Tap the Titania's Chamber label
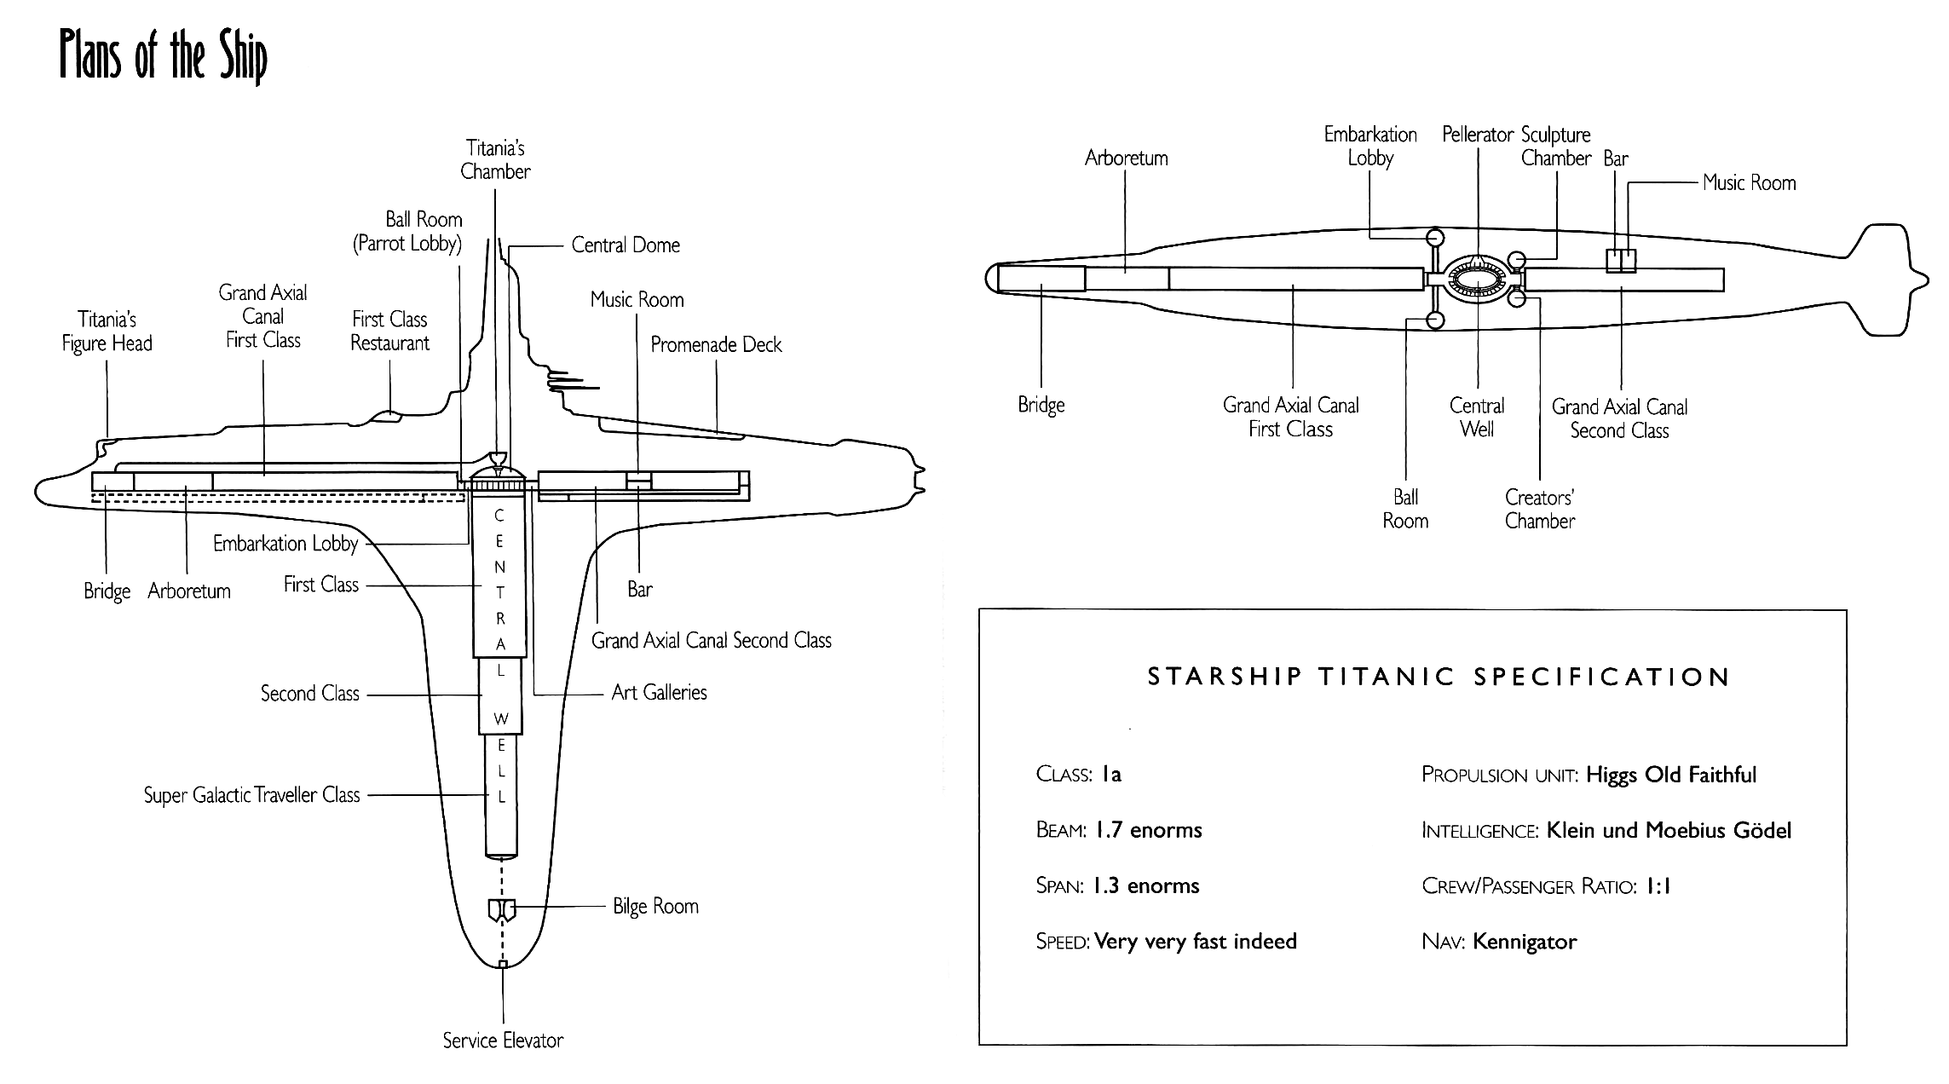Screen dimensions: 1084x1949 click(495, 159)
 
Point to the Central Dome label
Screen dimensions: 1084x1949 click(626, 245)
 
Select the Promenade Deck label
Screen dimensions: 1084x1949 click(716, 344)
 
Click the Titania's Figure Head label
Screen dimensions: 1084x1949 click(107, 332)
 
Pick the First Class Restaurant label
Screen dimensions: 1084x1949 click(390, 332)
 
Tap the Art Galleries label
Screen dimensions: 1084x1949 click(659, 693)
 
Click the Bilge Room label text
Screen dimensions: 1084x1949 click(655, 906)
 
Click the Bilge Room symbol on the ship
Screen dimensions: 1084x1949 click(502, 910)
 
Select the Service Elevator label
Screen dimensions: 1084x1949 click(503, 1041)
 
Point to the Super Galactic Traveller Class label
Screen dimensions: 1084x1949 click(252, 795)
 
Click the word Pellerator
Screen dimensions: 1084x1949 click(1478, 135)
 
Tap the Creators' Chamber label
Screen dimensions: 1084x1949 click(1540, 509)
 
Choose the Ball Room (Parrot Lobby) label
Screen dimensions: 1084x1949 click(407, 232)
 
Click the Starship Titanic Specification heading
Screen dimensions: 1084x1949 click(1439, 677)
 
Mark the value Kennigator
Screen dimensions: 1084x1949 click(1525, 942)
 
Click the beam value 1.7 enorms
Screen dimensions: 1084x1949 click(1148, 830)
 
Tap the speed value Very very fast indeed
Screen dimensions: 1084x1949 click(1196, 942)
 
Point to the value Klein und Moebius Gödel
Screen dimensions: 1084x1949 click(1669, 830)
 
